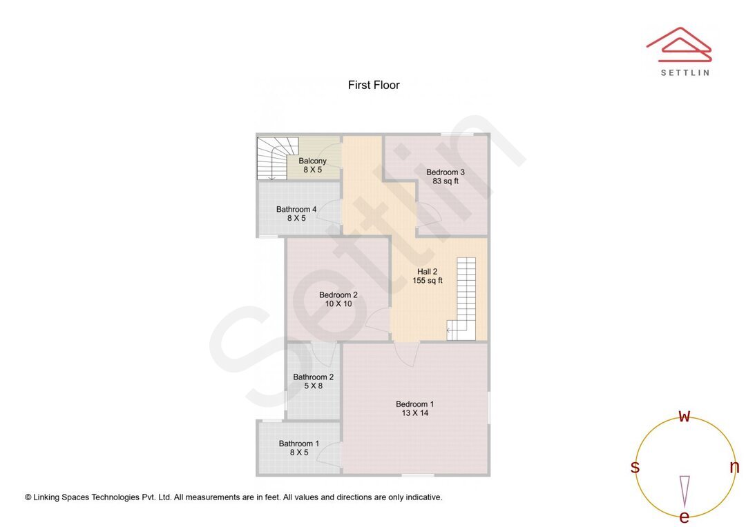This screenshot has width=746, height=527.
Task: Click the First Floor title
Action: [374, 86]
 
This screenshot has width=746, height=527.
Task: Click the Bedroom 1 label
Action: [414, 404]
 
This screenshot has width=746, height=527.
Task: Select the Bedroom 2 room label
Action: [338, 295]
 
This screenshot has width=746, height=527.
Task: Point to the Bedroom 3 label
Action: [446, 172]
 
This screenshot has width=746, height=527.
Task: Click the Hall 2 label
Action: [427, 271]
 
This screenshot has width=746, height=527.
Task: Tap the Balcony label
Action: [312, 161]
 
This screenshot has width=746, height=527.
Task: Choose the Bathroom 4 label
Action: [296, 209]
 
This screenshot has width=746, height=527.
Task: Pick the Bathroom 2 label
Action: [313, 377]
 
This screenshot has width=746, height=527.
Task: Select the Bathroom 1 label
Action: [299, 444]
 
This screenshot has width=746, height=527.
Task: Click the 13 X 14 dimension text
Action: [414, 414]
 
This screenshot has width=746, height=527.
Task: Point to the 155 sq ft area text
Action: [428, 281]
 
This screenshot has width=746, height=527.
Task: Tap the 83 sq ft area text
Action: [446, 181]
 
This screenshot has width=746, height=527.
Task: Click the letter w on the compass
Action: [685, 416]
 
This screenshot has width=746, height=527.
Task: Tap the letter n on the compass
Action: [734, 467]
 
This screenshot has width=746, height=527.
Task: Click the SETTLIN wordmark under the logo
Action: [685, 72]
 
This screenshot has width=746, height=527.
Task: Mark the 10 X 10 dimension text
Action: [338, 304]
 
